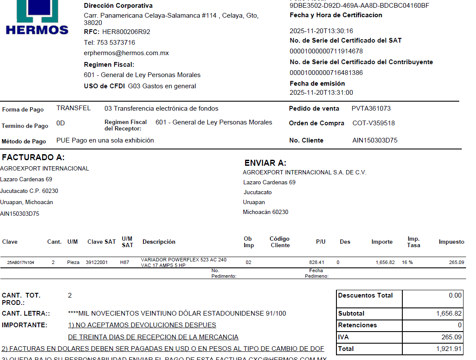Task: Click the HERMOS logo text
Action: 37,30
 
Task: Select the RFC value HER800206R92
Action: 126,32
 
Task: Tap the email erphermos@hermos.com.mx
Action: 126,53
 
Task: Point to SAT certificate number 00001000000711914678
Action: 326,51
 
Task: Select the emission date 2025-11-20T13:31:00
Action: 321,93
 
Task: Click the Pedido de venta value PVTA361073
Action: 371,109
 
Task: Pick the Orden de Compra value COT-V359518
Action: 373,123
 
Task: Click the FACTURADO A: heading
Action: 33,158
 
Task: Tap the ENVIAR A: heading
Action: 265,163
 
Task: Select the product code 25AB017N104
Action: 21,262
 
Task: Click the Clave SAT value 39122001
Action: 97,262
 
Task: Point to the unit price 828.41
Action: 317,262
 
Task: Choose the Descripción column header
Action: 159,242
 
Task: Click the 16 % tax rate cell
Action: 407,262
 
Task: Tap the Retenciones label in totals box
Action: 358,325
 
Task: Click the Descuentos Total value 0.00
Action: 455,295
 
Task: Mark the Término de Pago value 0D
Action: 60,123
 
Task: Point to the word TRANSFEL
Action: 74,109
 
